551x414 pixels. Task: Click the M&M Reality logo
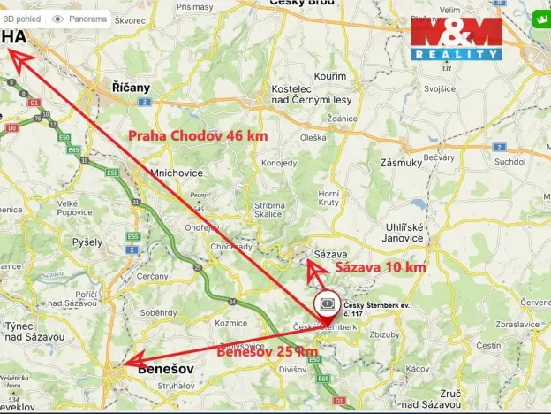coord(456,39)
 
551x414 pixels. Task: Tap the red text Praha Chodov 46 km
coord(198,136)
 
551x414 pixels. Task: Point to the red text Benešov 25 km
coord(267,351)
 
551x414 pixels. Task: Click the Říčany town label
coord(131,88)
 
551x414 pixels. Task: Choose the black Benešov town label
coord(165,372)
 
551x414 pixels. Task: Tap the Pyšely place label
coord(88,241)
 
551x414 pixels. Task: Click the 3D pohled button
coord(21,18)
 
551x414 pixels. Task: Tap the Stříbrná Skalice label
coord(268,208)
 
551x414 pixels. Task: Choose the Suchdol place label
coord(510,162)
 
